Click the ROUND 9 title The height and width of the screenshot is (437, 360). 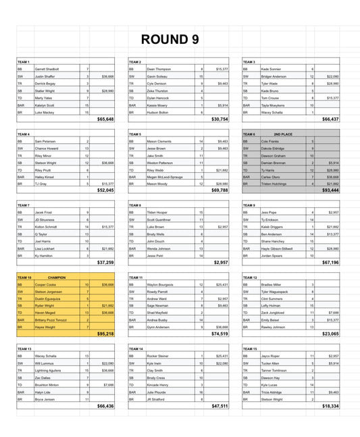(x=170, y=40)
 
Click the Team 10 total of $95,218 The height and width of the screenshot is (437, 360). (x=105, y=334)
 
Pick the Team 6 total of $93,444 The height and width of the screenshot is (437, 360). (x=330, y=190)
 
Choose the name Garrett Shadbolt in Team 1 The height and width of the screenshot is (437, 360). (x=48, y=69)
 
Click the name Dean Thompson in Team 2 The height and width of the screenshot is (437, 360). (x=159, y=69)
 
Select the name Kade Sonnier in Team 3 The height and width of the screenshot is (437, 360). (x=271, y=69)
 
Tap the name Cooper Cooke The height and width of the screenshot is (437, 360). (x=47, y=284)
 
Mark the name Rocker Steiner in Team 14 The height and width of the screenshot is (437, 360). (x=158, y=356)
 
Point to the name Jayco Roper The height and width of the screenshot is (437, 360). (x=270, y=356)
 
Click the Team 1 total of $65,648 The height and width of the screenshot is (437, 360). (x=105, y=119)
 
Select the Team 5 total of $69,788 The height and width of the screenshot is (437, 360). (x=217, y=190)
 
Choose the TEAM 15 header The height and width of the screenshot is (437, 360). (x=250, y=349)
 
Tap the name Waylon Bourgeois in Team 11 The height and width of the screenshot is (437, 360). (x=161, y=284)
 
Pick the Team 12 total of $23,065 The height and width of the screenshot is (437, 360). (x=330, y=334)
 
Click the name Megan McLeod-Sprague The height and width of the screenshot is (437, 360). (x=165, y=176)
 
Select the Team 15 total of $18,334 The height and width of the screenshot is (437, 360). (x=330, y=405)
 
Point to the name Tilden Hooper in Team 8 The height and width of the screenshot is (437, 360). (x=158, y=212)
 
